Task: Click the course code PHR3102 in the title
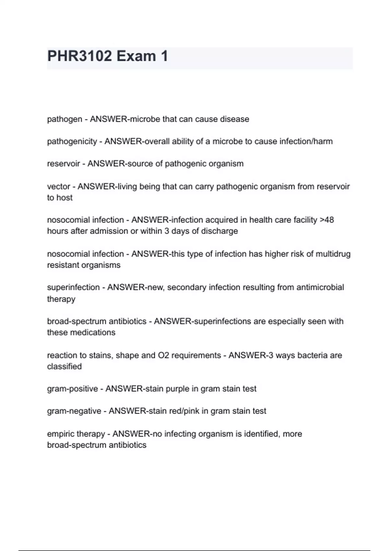point(79,56)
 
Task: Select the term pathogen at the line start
point(65,119)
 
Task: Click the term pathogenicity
point(72,142)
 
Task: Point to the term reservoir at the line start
point(64,164)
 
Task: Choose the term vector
point(59,187)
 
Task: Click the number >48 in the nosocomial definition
point(327,220)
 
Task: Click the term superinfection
point(73,287)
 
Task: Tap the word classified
point(64,367)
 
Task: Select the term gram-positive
point(72,389)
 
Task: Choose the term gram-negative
point(74,411)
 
